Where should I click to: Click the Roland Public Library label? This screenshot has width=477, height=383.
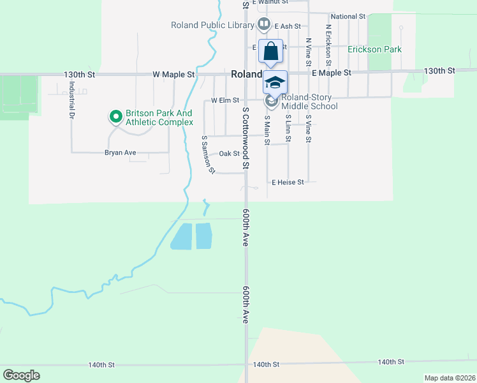pos(212,26)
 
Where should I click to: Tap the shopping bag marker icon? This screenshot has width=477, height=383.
pos(270,50)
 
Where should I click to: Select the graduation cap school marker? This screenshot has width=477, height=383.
pos(275,82)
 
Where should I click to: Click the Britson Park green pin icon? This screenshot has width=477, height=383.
pos(115,116)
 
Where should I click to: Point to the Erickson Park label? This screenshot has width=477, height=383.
pos(374,49)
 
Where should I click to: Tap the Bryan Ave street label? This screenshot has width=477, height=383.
pos(121,153)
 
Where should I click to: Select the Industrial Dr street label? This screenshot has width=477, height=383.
pos(71,100)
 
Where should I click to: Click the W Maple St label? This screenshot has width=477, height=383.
pos(173,75)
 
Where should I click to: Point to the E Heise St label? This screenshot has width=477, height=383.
pos(288,182)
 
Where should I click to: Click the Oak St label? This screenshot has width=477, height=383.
pos(229,153)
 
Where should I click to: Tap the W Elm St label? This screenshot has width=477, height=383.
pos(224,100)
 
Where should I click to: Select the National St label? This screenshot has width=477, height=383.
pos(348,17)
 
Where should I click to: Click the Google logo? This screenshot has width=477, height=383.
pos(21,375)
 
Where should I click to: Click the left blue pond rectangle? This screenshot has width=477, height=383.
pos(180,236)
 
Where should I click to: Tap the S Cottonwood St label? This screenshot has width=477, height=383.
pos(246,139)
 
